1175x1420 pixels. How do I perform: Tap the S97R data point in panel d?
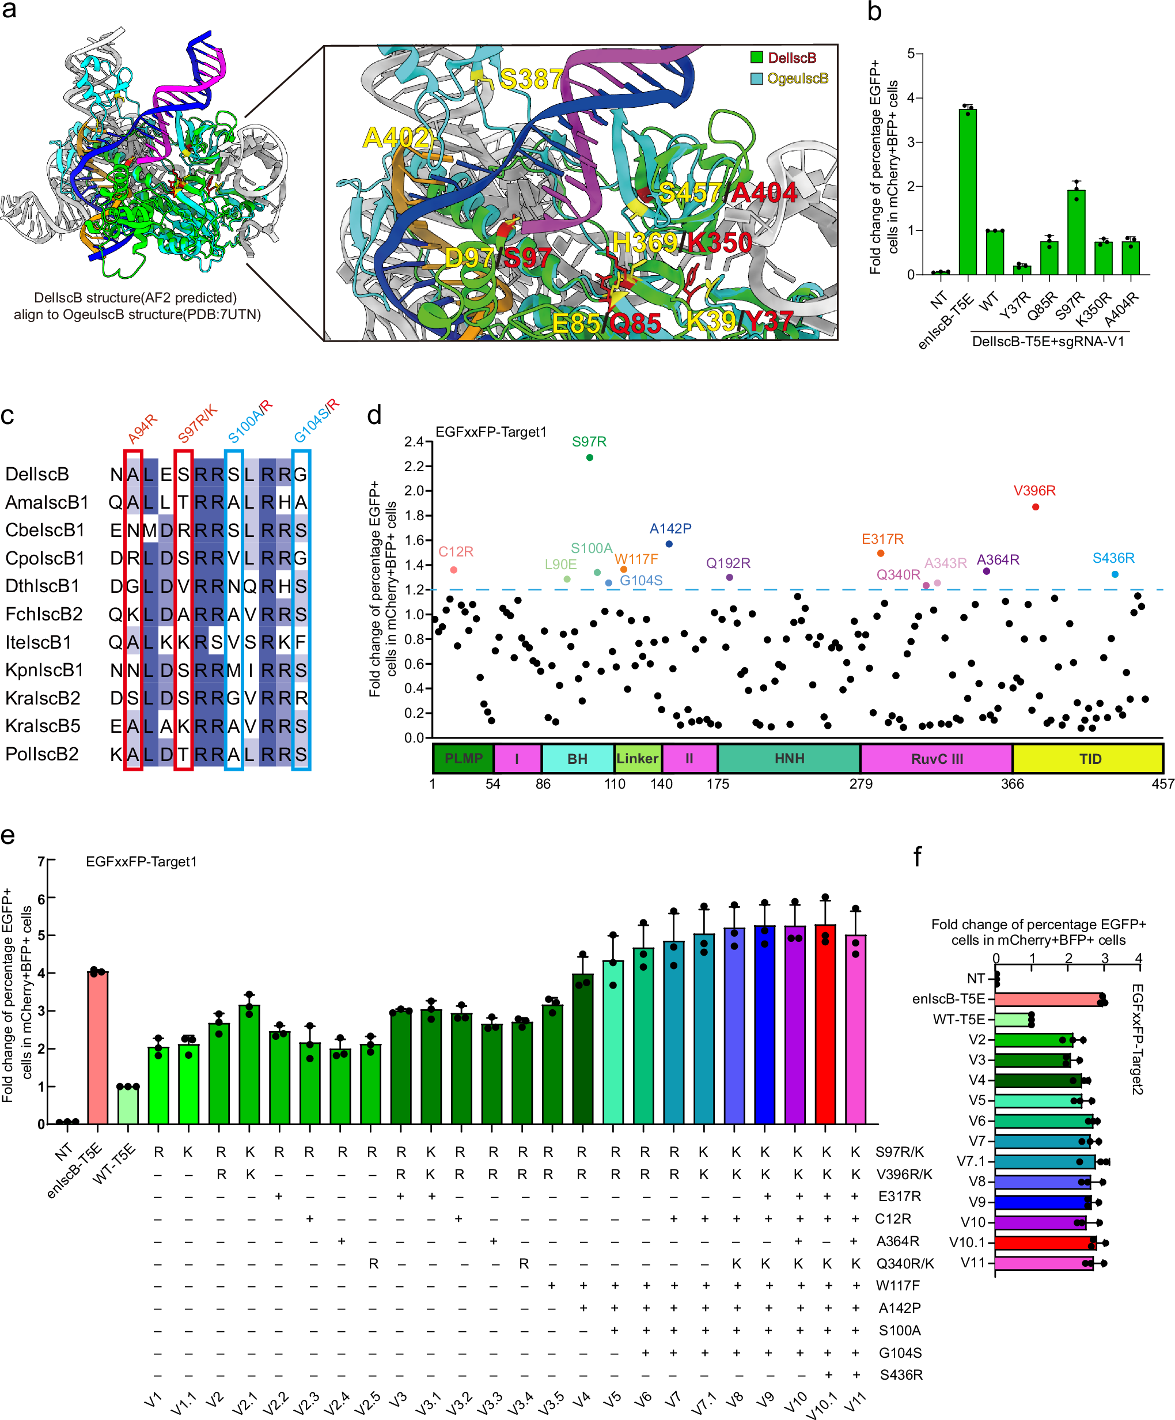tap(590, 458)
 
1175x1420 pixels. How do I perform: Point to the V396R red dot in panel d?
tap(1035, 507)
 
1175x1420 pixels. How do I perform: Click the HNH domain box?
tap(789, 759)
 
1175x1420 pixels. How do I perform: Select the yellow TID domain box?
tap(1088, 759)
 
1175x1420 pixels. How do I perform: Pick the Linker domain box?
tap(637, 759)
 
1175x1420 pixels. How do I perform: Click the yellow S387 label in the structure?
tap(530, 80)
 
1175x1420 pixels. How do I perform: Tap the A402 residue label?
tap(396, 138)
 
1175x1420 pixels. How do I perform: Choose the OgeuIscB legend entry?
tap(797, 78)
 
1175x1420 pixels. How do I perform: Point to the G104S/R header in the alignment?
tap(316, 421)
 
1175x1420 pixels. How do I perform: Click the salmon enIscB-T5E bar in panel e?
tap(98, 1047)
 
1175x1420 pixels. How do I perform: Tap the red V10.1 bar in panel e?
tap(825, 1024)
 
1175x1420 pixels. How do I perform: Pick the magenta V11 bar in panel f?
tap(1043, 1263)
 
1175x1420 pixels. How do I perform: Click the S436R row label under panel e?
tap(900, 1374)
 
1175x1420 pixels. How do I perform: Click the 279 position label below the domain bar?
tap(861, 783)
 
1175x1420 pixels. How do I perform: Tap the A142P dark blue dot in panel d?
tap(669, 544)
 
